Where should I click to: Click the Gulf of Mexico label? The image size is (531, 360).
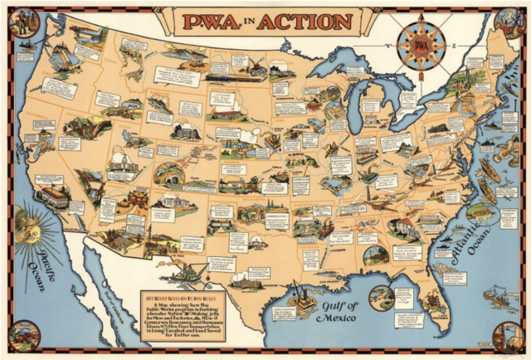[335, 310]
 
